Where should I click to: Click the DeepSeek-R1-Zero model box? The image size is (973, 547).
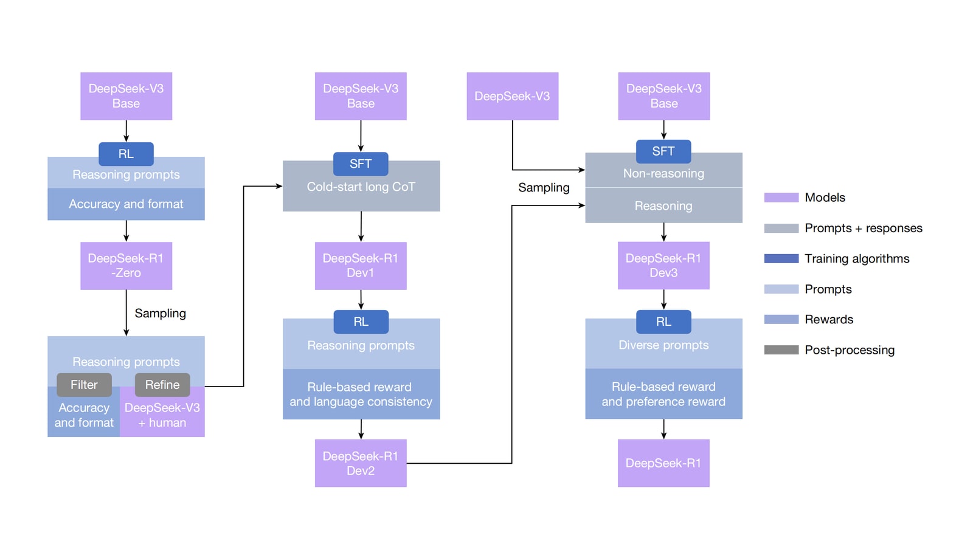[126, 266]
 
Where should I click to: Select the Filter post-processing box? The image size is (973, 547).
[84, 385]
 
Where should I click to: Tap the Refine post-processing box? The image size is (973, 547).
[162, 385]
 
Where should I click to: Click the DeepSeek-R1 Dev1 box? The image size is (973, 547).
[361, 266]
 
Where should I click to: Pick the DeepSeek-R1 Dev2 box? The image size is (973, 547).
[361, 463]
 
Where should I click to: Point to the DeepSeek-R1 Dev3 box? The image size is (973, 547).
[663, 266]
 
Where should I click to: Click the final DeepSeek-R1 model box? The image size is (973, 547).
[663, 463]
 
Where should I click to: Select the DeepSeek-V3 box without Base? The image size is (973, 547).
[513, 96]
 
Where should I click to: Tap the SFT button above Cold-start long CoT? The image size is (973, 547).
[361, 163]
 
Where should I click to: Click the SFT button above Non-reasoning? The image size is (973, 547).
[663, 151]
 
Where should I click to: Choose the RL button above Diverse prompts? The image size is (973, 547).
[663, 322]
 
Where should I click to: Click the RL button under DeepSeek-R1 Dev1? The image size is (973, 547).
[361, 322]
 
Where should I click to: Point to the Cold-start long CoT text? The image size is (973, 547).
[361, 187]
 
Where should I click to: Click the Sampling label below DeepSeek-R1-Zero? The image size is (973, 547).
[161, 313]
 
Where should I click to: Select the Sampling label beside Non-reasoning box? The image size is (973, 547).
[544, 188]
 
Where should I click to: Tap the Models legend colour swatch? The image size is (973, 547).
[781, 198]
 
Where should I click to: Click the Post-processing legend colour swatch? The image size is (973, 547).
[781, 350]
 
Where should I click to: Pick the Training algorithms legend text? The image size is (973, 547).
[857, 259]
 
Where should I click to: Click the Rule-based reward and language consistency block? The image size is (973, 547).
[361, 394]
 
